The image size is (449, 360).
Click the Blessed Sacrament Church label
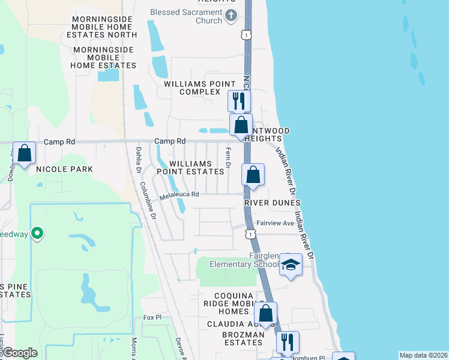(x=186, y=16)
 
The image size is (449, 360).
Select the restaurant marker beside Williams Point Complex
(x=240, y=100)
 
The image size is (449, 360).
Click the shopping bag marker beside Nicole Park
(x=25, y=154)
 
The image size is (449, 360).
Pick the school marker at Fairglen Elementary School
(x=291, y=265)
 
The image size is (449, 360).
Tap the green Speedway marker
(x=37, y=233)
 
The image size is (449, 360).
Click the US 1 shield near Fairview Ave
(x=249, y=233)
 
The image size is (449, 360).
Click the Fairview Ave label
(x=276, y=223)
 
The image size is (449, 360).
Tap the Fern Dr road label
(x=228, y=158)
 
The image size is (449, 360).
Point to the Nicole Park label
(x=64, y=169)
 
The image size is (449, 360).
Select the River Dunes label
(x=273, y=203)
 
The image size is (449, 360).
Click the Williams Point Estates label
(x=190, y=167)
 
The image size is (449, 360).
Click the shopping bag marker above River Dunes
(x=253, y=175)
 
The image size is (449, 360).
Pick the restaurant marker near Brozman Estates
(x=287, y=342)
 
